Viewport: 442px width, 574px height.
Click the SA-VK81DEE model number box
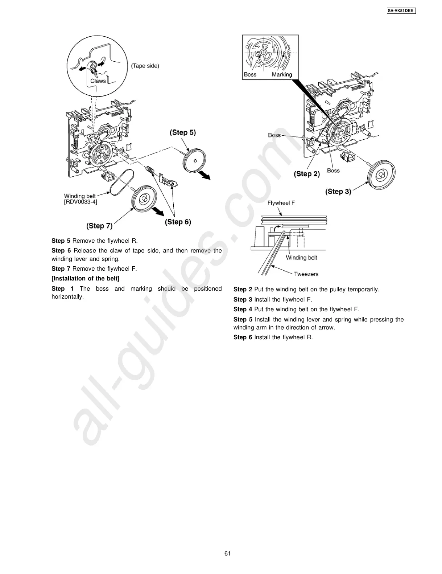coord(400,11)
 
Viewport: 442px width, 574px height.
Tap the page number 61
coord(227,553)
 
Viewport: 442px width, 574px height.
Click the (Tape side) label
coord(145,66)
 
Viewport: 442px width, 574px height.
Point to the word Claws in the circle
coord(98,81)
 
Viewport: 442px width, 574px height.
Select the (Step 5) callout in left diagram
coord(183,132)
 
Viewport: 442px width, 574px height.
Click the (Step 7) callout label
coord(99,226)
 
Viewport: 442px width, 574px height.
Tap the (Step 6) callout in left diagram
coord(178,222)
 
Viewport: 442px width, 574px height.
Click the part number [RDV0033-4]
coord(80,202)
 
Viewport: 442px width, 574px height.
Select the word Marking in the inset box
coord(282,74)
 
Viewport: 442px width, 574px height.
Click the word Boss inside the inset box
coord(250,74)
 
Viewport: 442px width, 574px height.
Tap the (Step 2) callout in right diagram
coord(307,174)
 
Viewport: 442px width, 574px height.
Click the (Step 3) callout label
coord(338,191)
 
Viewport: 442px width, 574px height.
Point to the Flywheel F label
coord(281,203)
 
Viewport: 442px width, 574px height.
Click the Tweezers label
coord(306,274)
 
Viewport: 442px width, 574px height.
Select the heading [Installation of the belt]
coord(85,278)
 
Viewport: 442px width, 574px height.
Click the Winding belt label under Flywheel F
coord(301,258)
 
